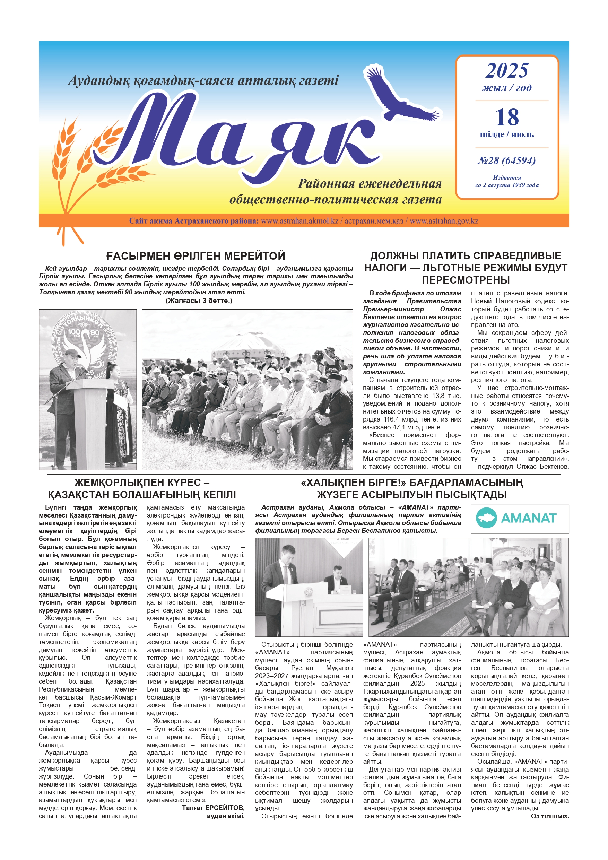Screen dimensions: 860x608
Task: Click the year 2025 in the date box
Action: [507, 71]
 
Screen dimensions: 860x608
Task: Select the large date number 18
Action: [507, 117]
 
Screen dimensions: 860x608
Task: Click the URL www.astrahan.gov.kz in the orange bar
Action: [444, 221]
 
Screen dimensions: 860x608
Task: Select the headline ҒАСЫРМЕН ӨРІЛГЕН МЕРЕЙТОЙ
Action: [196, 256]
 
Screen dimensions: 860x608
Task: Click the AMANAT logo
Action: [520, 519]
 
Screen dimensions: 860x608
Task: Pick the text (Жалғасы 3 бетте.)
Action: [199, 301]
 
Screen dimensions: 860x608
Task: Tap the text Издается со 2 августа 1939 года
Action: [507, 181]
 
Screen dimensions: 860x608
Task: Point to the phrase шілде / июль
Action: [507, 134]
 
